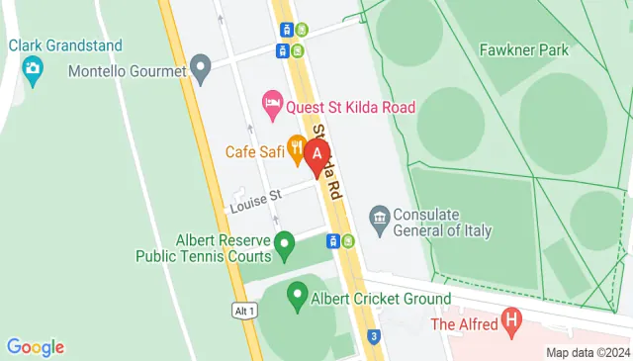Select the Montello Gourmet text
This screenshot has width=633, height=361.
point(128,71)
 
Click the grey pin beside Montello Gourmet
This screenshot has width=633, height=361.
point(201,70)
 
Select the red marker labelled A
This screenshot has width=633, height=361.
point(316,155)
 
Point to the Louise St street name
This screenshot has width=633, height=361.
point(256,203)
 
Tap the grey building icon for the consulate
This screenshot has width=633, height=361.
point(378,217)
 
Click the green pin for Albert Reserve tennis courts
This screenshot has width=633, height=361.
point(284,241)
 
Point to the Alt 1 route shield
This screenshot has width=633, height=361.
point(244,311)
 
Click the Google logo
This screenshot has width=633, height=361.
point(35,346)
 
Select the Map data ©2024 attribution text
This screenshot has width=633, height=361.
point(588,352)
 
